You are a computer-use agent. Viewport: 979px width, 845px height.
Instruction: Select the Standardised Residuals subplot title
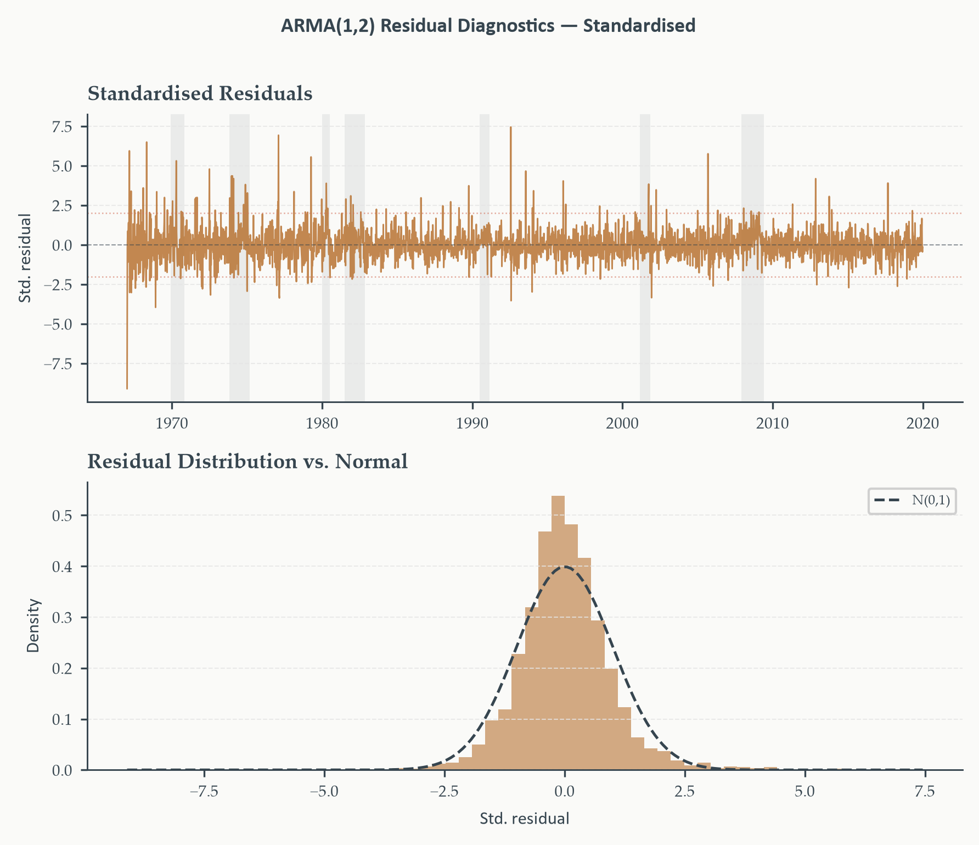click(x=200, y=94)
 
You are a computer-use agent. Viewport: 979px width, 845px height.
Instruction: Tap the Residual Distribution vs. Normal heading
click(x=247, y=462)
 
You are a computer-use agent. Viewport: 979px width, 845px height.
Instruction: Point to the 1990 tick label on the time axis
click(x=472, y=423)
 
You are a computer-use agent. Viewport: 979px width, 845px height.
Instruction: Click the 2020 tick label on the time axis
click(x=922, y=423)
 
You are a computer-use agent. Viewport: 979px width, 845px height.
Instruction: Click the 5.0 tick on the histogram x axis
click(x=805, y=792)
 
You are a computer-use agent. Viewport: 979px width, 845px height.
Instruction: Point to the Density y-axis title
click(x=34, y=626)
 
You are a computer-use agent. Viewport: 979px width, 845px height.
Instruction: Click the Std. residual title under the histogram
click(x=525, y=819)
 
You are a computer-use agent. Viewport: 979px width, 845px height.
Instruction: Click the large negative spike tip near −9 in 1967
click(x=127, y=389)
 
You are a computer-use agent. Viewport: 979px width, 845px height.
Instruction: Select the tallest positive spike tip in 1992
click(x=510, y=127)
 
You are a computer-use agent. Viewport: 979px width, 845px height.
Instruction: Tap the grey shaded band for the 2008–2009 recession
click(x=752, y=258)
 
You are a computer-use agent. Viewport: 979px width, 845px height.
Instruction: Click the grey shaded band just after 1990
click(x=485, y=258)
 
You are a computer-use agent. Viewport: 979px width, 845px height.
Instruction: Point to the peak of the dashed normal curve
click(x=565, y=567)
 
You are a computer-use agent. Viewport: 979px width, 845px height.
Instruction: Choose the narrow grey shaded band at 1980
click(x=326, y=258)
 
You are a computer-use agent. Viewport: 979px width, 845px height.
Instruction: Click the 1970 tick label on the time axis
click(x=172, y=423)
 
